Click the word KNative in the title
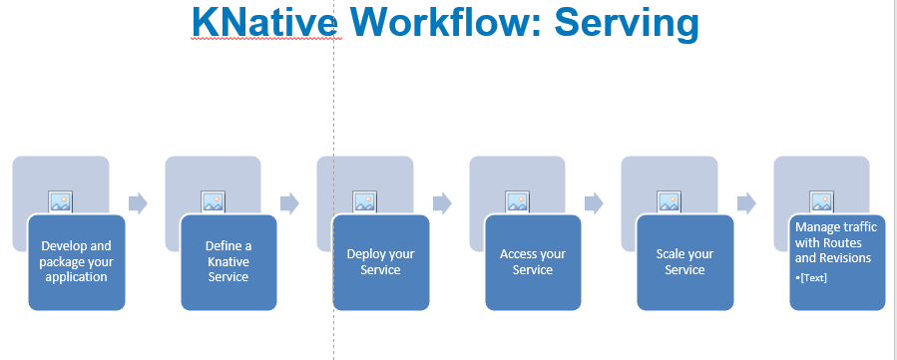[x=264, y=23]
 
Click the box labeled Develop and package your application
[x=77, y=262]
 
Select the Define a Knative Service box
[x=228, y=262]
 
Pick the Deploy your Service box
[x=381, y=262]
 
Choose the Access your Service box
[x=533, y=262]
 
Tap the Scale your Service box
[x=685, y=262]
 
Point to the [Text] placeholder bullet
[x=811, y=277]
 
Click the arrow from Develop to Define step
[x=138, y=203]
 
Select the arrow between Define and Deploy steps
[x=290, y=203]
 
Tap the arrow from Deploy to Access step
[x=442, y=203]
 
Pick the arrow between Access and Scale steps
[x=595, y=203]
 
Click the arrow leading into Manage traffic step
[x=746, y=203]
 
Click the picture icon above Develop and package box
[x=61, y=201]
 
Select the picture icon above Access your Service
[x=517, y=201]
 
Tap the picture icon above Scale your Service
[x=670, y=201]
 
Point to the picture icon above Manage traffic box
[x=821, y=201]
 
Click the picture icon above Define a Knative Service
[x=213, y=201]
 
